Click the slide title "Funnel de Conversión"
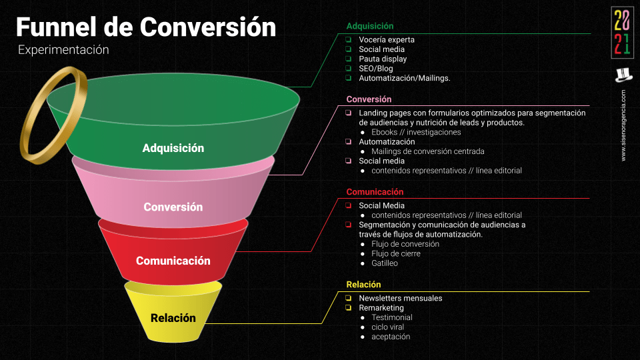tap(146, 27)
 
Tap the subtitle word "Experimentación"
tap(63, 50)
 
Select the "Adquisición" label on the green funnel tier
tap(173, 148)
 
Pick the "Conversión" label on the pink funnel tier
tap(173, 207)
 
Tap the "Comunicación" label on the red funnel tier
tap(173, 261)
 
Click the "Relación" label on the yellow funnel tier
tap(173, 318)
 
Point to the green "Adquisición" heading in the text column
tap(370, 26)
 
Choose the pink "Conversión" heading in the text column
tap(369, 99)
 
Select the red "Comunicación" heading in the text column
tap(375, 192)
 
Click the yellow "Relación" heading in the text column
tap(363, 285)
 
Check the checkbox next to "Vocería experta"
tap(349, 40)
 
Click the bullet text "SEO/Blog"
tap(376, 69)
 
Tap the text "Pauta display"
tap(383, 59)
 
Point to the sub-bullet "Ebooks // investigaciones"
tap(416, 132)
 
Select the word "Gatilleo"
tap(385, 263)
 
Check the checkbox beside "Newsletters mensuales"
tap(349, 298)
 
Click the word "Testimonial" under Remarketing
tap(392, 317)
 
